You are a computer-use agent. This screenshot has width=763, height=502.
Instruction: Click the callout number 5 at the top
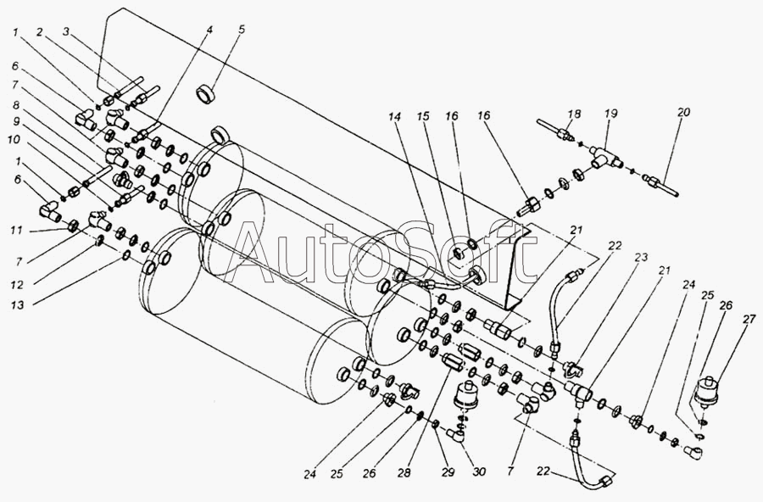pos(242,30)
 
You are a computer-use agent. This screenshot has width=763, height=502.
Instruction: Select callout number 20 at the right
pos(683,112)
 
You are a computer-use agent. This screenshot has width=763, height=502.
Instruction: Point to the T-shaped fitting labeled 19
pos(604,155)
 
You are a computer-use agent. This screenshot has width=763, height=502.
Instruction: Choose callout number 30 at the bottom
pos(479,471)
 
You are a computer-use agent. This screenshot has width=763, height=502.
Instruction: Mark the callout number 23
pos(642,257)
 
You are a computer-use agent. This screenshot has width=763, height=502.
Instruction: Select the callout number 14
pos(395,116)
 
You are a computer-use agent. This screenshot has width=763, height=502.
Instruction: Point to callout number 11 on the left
pos(17,229)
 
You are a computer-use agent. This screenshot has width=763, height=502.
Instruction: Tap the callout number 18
pos(574,114)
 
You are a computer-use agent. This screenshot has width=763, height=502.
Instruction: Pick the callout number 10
pos(14,140)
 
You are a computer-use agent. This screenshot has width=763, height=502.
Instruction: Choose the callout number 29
pos(448,472)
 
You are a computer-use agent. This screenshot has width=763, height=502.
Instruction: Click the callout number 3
pos(67,32)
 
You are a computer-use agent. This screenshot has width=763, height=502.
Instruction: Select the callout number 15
pos(423,116)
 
